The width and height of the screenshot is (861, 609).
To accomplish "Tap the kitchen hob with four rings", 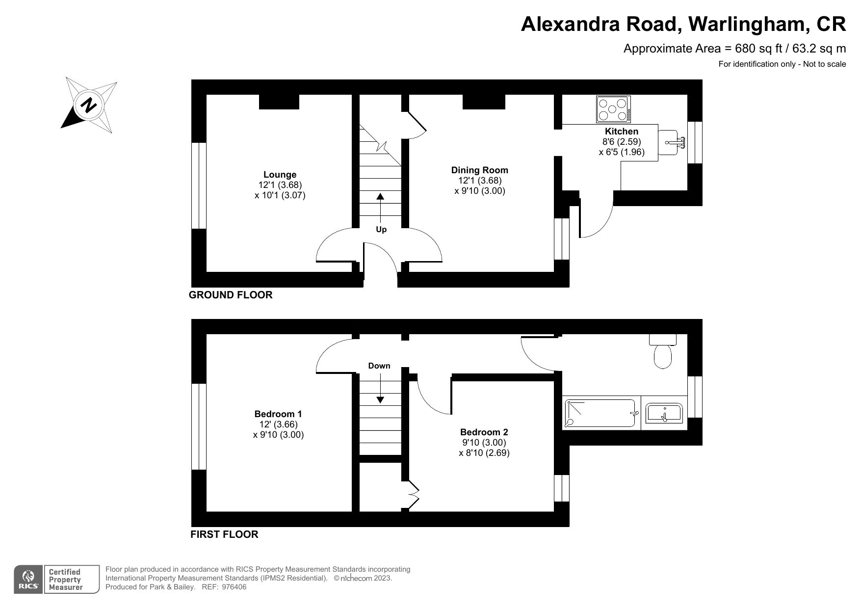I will point(613,109).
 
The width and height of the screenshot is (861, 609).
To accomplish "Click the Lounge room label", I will point(280,174).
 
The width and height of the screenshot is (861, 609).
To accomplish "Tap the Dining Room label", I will point(479,170).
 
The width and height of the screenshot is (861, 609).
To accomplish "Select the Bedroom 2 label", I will point(484,432).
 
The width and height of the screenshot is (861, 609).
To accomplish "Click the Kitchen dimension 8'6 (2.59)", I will point(621,142).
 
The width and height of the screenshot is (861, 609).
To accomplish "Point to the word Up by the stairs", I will point(381,229).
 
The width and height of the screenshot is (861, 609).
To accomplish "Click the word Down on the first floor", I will point(379,366).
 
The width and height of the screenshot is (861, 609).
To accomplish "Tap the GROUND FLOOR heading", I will point(231,295).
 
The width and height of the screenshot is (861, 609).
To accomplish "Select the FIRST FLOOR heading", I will point(224,534).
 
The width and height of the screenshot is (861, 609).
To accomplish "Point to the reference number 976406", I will point(234,587).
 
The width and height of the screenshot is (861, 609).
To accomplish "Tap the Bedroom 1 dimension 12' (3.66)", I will point(278,424).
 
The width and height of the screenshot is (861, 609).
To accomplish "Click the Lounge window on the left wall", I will point(199,185).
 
